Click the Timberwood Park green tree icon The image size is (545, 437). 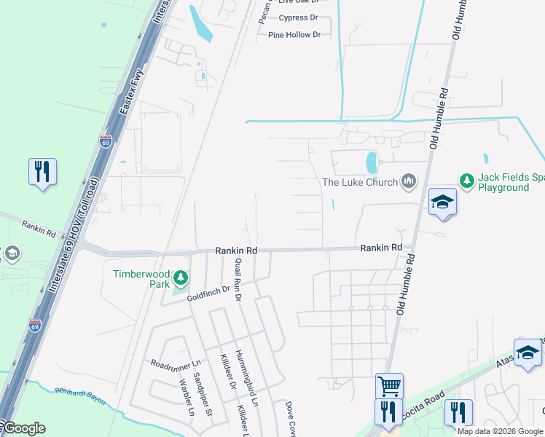pos(181,277)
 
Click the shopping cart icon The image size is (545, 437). pos(389,385)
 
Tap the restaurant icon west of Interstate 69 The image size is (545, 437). pos(42,172)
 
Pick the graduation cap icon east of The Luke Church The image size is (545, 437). pos(442,202)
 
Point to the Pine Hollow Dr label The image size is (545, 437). pos(294,35)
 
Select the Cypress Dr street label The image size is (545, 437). pos(299,17)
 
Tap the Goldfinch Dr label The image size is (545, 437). pos(208,294)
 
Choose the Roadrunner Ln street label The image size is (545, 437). pos(175,363)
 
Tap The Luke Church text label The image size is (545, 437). pos(360,182)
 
